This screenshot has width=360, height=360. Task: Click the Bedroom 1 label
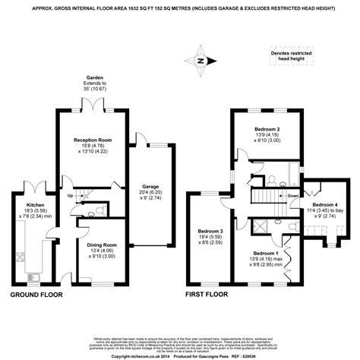265,251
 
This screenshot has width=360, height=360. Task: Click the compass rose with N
201,61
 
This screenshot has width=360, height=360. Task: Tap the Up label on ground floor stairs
71,195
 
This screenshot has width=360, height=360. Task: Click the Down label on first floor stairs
293,195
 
